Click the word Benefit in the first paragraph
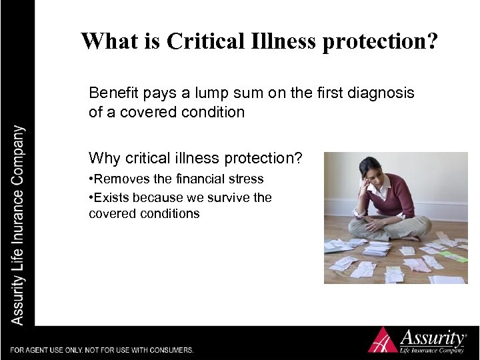point(113,93)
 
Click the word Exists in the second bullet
point(111,197)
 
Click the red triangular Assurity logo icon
point(383,339)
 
